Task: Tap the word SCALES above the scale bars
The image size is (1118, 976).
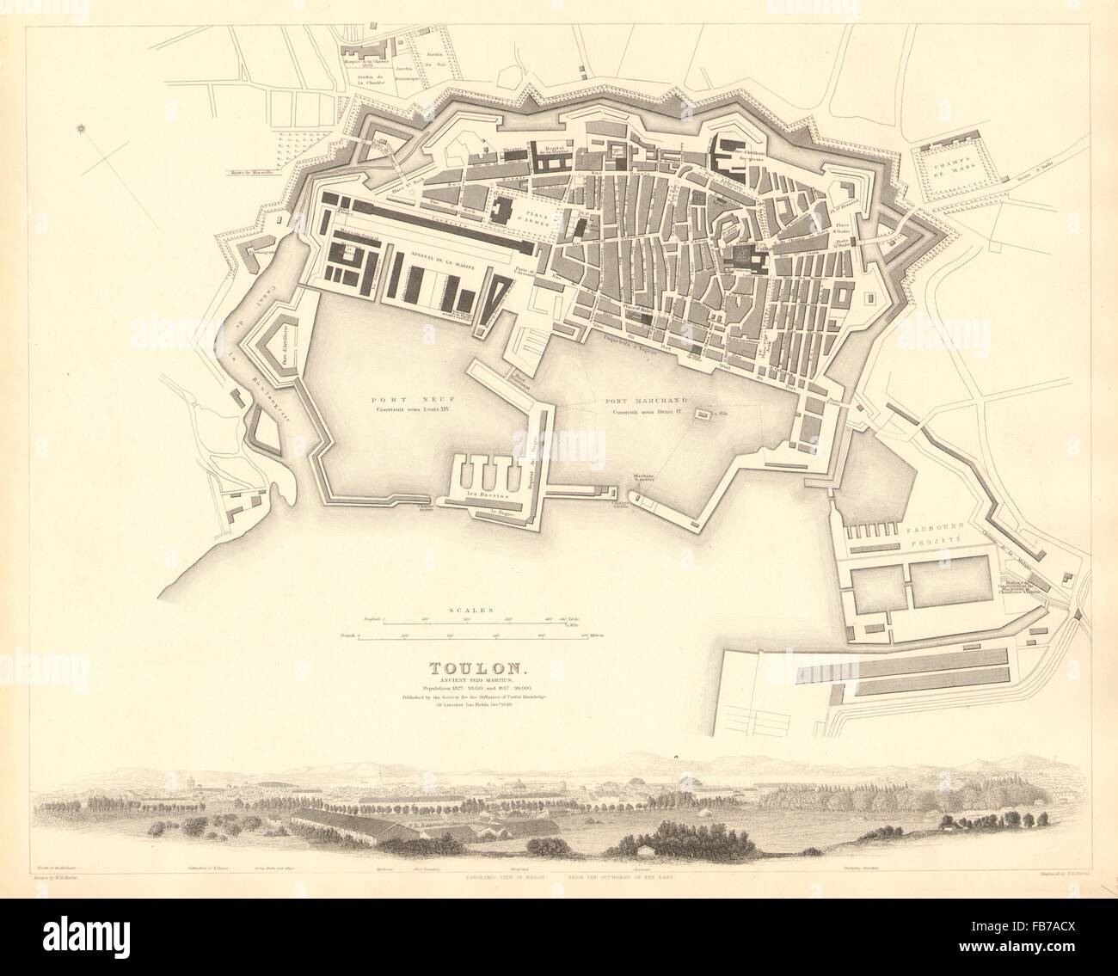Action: [468, 609]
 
